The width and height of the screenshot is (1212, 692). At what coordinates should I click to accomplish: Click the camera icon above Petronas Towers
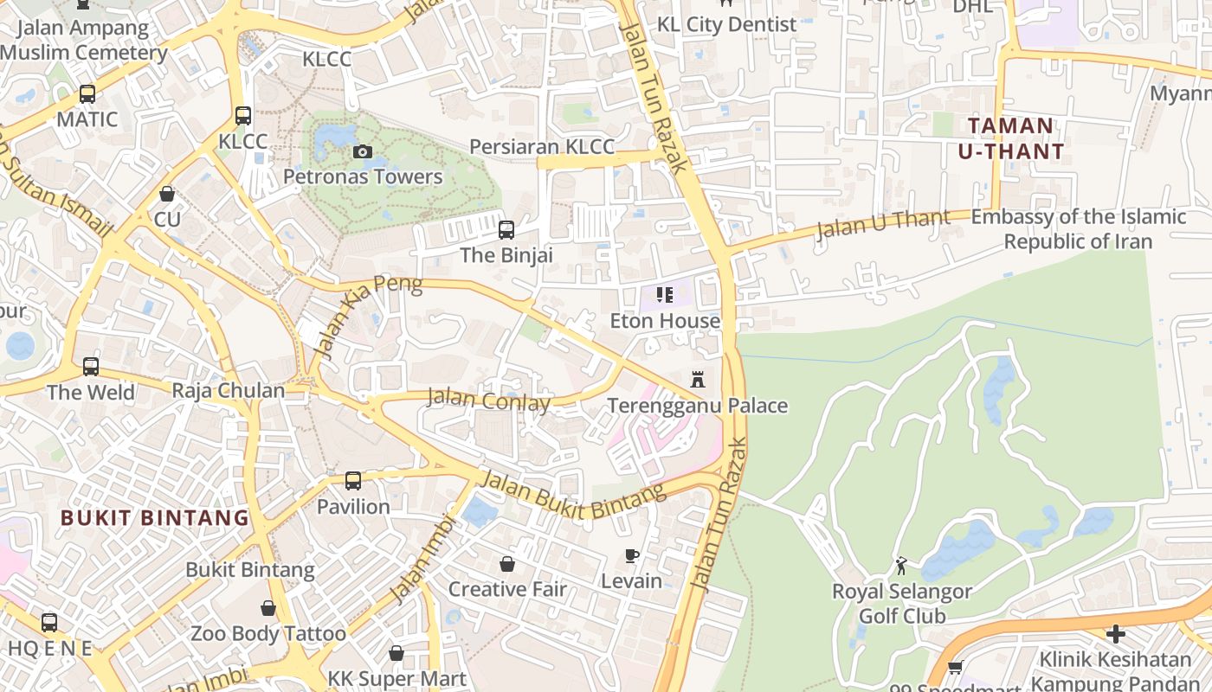pos(363,152)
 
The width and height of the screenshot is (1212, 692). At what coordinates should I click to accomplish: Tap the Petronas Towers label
pos(363,177)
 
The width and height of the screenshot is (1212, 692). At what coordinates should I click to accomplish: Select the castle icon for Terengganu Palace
pos(698,380)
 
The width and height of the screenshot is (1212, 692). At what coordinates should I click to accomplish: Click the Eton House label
pos(665,321)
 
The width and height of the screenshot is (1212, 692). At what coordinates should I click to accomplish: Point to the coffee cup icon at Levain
pos(632,555)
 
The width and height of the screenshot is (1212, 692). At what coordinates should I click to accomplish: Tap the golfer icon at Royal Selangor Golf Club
pos(902,567)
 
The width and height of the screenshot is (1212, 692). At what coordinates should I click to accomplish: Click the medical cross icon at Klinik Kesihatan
pos(1115,634)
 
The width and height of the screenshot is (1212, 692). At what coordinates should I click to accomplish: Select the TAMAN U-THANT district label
pos(1010,138)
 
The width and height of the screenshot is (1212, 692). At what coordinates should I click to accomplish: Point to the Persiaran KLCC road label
pos(542,147)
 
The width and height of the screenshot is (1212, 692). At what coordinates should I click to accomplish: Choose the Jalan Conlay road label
pos(489,401)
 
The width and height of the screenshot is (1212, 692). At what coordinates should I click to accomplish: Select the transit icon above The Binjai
pos(506,230)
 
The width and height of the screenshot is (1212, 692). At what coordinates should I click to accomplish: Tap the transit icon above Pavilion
pos(353,481)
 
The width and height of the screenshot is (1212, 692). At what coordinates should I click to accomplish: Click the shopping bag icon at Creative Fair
pos(507,564)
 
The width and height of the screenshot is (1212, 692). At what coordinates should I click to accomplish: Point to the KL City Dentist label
pos(726,24)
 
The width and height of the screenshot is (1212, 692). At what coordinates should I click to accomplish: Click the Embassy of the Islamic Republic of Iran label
pos(1078,228)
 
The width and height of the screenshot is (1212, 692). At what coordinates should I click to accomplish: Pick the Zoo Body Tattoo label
pos(268,634)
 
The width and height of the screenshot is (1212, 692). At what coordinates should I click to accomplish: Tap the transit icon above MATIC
pos(87,94)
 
